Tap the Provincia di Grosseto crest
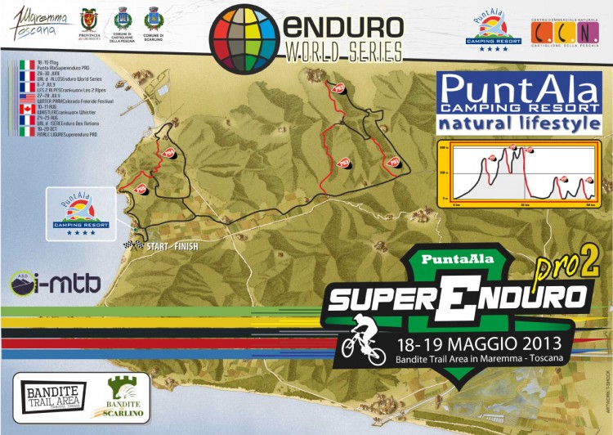click(90, 21)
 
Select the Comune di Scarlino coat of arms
click(152, 21)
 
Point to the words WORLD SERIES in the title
click(343, 52)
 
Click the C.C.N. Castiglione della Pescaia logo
click(564, 30)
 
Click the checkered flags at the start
click(132, 244)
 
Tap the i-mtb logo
click(56, 283)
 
